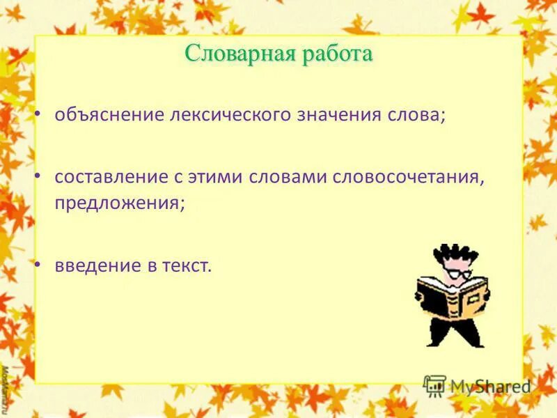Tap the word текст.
185,265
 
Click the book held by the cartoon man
452,296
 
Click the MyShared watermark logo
477,386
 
